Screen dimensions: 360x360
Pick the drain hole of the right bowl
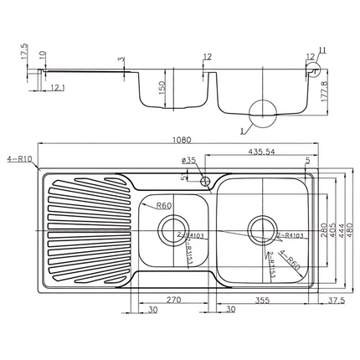(x=261, y=226)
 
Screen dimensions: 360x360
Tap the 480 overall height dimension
(x=349, y=229)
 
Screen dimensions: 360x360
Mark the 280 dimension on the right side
(x=321, y=229)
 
